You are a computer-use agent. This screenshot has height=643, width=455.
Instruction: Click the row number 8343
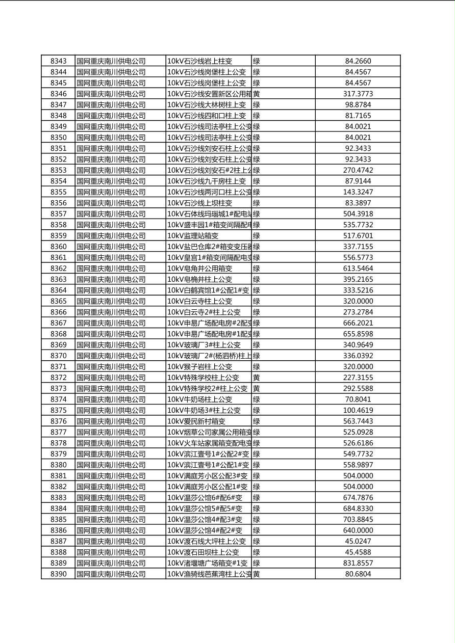click(58, 61)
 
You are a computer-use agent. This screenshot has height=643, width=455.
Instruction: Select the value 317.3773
click(358, 94)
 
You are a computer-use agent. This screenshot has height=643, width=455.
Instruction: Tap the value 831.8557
click(358, 563)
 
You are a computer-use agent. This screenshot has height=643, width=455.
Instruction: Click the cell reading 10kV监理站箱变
click(193, 235)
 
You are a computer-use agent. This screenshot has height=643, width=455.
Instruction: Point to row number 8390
click(58, 574)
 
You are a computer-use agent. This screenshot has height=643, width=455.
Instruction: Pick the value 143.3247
click(358, 192)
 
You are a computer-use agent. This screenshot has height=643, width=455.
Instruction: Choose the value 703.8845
click(358, 519)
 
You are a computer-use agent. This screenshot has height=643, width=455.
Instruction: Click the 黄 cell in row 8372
click(257, 378)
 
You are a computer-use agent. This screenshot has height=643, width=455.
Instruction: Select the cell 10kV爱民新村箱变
click(196, 421)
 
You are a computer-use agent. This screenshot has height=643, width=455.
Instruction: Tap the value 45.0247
click(358, 541)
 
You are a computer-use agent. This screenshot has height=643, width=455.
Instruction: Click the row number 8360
click(58, 247)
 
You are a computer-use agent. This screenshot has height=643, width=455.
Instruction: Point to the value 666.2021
click(358, 323)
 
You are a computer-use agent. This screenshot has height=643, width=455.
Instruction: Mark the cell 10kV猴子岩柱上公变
click(200, 366)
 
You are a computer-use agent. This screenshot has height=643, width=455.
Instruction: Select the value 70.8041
click(358, 399)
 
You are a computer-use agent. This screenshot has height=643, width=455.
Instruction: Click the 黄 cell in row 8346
click(257, 94)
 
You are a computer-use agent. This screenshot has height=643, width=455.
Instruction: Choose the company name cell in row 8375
click(111, 410)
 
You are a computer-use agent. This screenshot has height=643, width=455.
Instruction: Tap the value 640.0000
click(358, 530)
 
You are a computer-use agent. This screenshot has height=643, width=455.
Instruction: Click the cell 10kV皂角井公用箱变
click(200, 269)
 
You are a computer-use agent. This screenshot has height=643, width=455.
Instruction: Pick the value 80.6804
click(358, 574)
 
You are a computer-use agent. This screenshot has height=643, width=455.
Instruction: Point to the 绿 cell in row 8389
click(257, 563)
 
